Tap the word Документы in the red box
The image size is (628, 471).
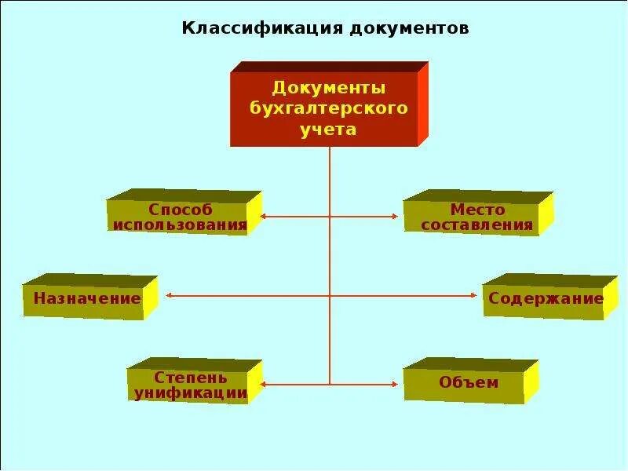click(328, 87)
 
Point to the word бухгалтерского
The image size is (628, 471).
click(328, 108)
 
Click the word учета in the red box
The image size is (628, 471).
click(328, 129)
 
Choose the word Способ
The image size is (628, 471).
click(181, 210)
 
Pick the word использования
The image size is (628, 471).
click(181, 225)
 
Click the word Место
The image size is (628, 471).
click(477, 210)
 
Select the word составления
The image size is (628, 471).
click(477, 225)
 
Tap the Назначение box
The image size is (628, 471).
click(87, 298)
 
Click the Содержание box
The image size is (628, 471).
click(546, 298)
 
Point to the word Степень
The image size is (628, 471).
click(191, 378)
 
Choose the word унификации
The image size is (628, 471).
click(191, 393)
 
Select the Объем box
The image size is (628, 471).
click(469, 383)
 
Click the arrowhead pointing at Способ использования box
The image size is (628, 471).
click(264, 216)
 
